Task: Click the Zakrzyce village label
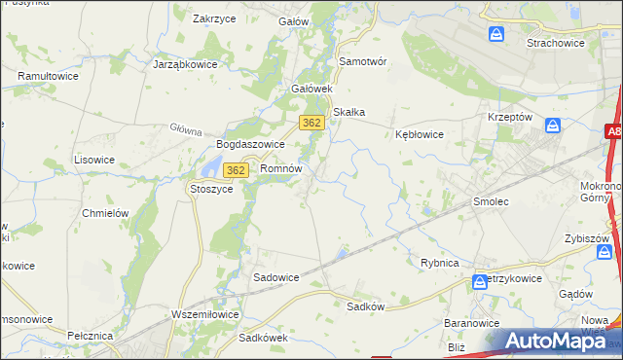click(x=217, y=18)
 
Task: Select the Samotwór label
click(x=363, y=60)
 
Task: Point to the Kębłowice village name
click(x=420, y=135)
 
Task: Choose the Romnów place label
click(x=281, y=168)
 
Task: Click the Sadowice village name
click(x=276, y=277)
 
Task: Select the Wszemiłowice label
click(x=204, y=314)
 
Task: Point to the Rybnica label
click(x=439, y=263)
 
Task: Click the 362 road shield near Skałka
click(x=311, y=123)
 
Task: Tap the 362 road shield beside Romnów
click(x=235, y=170)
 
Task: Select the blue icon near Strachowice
click(x=496, y=35)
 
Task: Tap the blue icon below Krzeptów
click(x=553, y=126)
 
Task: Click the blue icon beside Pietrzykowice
click(x=480, y=282)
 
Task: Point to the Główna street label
click(x=185, y=129)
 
